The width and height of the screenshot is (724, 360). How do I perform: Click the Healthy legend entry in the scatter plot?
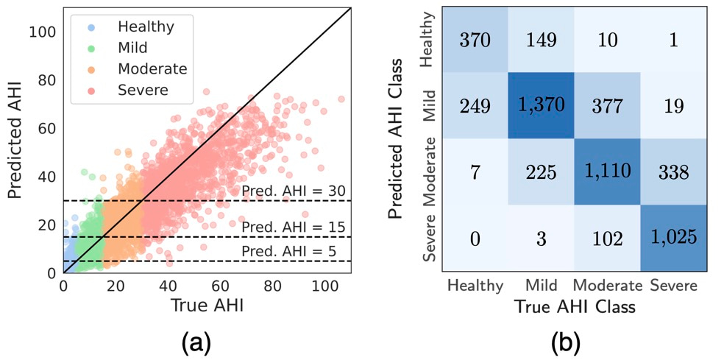pos(145,27)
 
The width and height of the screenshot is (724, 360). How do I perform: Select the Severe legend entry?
pos(142,90)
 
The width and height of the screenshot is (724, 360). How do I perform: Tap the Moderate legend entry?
pos(152,69)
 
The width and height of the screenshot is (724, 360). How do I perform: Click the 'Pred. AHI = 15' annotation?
pos(294,227)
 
